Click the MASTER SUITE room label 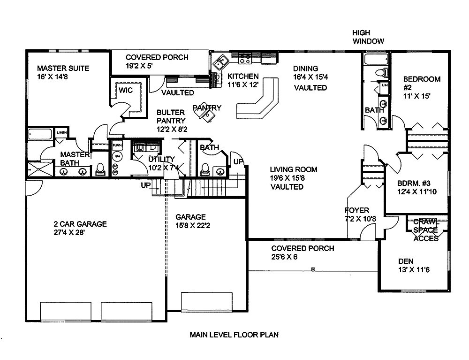pyautogui.click(x=63, y=68)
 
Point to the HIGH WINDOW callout pyautogui.click(x=368, y=37)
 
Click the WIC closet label pyautogui.click(x=125, y=90)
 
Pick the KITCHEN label pyautogui.click(x=242, y=76)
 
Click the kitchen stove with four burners pyautogui.click(x=245, y=59)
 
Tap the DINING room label pyautogui.click(x=305, y=69)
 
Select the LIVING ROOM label pyautogui.click(x=293, y=169)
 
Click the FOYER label pyautogui.click(x=357, y=210)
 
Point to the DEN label pyautogui.click(x=406, y=261)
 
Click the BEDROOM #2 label pyautogui.click(x=422, y=79)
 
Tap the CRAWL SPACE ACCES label pyautogui.click(x=426, y=230)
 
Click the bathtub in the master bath pyautogui.click(x=40, y=134)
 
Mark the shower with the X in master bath pyautogui.click(x=39, y=168)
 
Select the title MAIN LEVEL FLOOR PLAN pyautogui.click(x=234, y=335)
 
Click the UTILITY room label pyautogui.click(x=161, y=159)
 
